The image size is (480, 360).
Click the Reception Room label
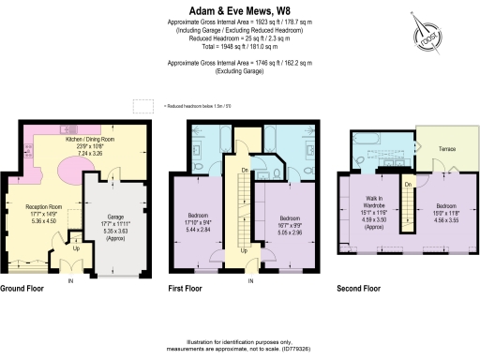40,217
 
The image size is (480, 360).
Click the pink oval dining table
74,173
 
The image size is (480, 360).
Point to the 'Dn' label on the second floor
408,186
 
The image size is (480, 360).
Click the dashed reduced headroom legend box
142,107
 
